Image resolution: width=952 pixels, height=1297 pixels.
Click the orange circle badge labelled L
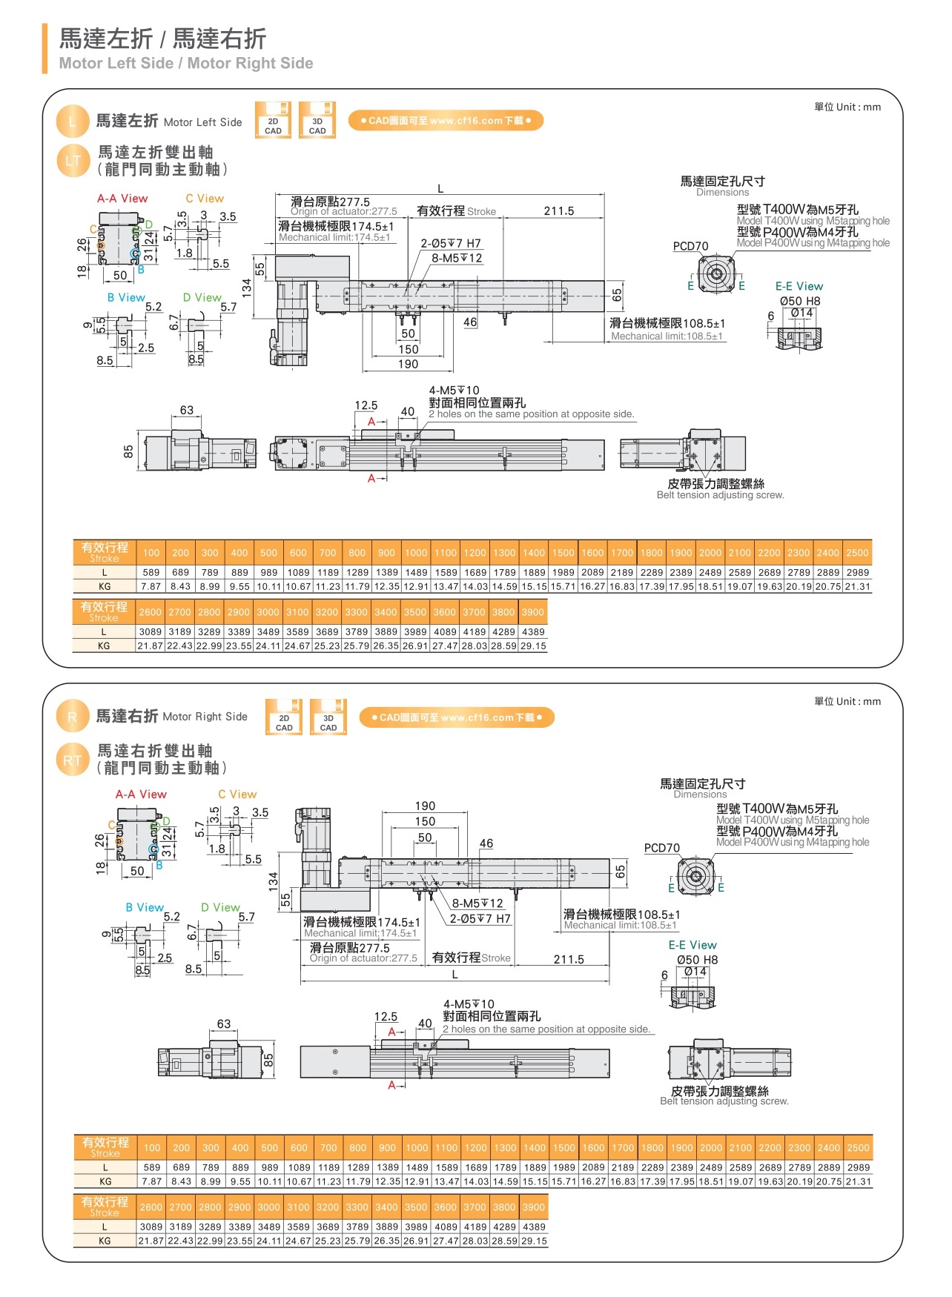tap(72, 122)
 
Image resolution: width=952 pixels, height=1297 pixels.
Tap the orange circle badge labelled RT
tap(72, 760)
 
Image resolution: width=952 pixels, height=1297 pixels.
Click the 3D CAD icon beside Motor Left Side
tap(317, 121)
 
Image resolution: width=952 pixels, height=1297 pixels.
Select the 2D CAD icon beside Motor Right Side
tap(284, 717)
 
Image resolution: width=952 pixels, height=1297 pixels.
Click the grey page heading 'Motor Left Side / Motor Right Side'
tap(186, 64)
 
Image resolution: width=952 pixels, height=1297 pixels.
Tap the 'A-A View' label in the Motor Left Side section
tap(122, 199)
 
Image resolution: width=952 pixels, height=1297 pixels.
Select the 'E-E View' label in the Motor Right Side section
tap(692, 945)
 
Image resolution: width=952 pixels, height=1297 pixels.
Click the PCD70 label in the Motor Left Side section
tap(690, 246)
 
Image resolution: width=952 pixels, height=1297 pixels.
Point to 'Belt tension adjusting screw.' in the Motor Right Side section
tap(724, 1101)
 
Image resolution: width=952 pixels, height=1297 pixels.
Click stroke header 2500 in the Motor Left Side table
tap(857, 553)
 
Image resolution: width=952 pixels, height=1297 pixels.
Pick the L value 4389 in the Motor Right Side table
tap(534, 1227)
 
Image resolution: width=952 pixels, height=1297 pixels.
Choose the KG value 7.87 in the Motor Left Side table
tap(151, 586)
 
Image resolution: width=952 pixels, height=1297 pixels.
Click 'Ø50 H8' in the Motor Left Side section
tap(800, 301)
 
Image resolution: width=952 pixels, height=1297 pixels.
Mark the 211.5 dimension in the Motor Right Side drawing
tap(569, 959)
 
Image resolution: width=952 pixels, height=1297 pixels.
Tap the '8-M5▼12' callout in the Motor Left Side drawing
tap(457, 258)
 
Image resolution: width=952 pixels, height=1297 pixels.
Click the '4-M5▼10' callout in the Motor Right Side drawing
tap(469, 1004)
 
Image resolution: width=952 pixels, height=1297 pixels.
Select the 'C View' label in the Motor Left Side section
tap(205, 199)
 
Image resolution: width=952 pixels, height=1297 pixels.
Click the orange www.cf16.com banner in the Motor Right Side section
tap(457, 717)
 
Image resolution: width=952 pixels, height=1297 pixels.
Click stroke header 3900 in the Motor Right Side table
tap(534, 1207)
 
